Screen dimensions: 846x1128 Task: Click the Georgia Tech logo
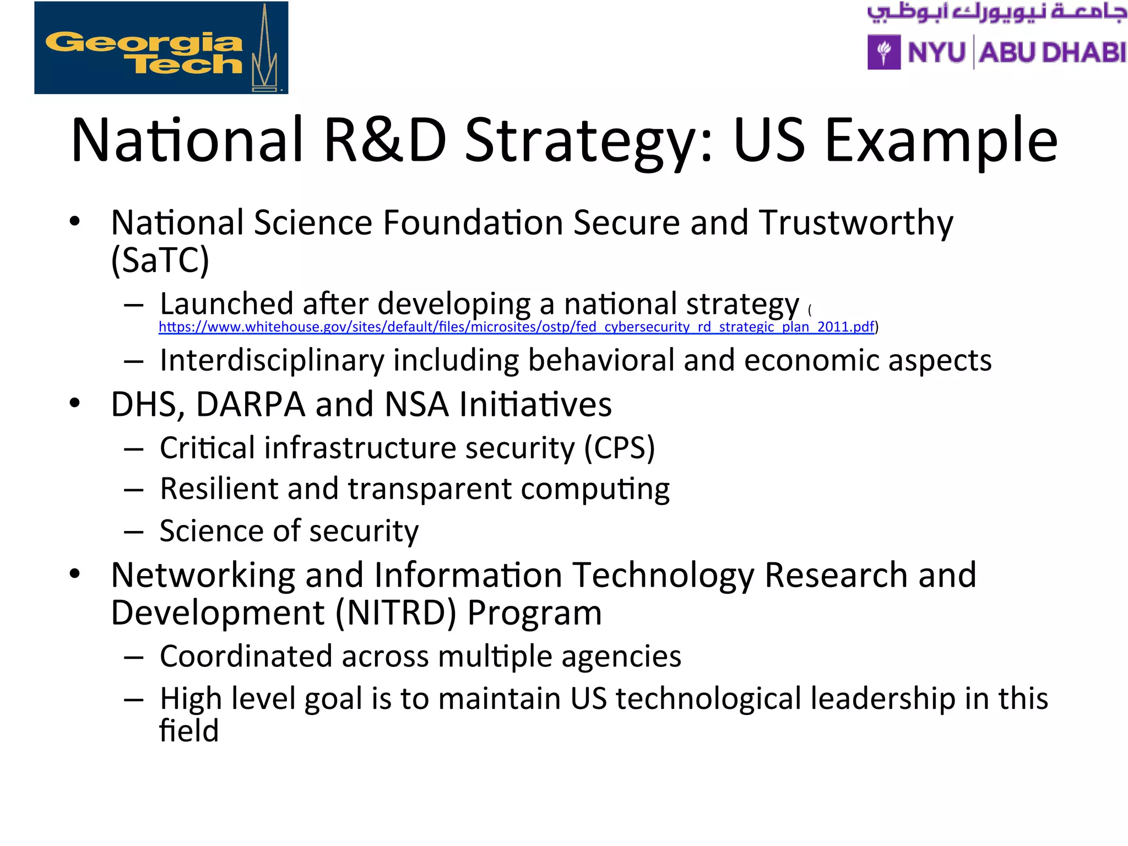pyautogui.click(x=161, y=48)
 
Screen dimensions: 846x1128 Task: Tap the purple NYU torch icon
pyautogui.click(x=883, y=52)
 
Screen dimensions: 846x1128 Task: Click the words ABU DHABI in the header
pyautogui.click(x=1053, y=53)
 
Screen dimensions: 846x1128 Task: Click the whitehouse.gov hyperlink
pyautogui.click(x=516, y=327)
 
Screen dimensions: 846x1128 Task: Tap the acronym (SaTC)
pyautogui.click(x=160, y=260)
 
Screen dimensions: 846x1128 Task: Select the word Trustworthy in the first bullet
pyautogui.click(x=856, y=223)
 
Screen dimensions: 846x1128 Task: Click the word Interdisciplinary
pyautogui.click(x=272, y=361)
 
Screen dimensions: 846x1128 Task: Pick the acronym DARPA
pyautogui.click(x=250, y=405)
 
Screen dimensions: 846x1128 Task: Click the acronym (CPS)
pyautogui.click(x=620, y=448)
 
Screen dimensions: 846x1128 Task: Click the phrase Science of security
pyautogui.click(x=289, y=532)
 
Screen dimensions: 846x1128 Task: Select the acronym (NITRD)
pyautogui.click(x=396, y=613)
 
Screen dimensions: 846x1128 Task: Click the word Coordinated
pyautogui.click(x=246, y=657)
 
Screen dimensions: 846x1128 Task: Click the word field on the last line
pyautogui.click(x=189, y=731)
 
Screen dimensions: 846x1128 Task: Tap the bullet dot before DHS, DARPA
pyautogui.click(x=75, y=403)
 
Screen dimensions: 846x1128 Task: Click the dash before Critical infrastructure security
pyautogui.click(x=134, y=449)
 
